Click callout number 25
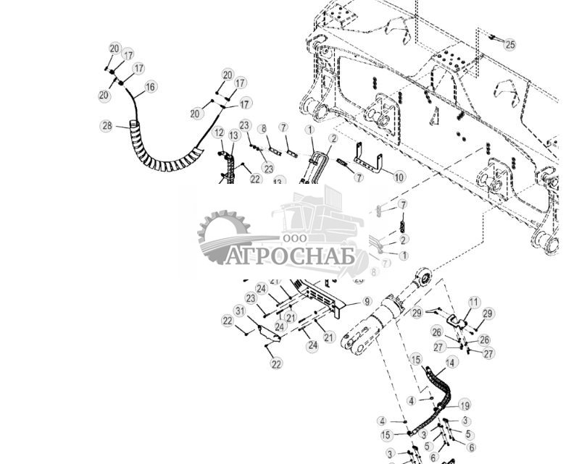coord(510,45)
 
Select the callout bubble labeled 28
coord(107,126)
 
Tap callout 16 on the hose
coord(150,87)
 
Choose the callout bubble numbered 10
coord(399,177)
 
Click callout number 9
coord(367,301)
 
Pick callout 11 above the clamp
coord(474,302)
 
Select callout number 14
coord(451,362)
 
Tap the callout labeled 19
coord(465,405)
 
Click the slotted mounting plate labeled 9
coord(322,295)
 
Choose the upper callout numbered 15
coord(416,359)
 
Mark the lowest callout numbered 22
coord(276,364)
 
